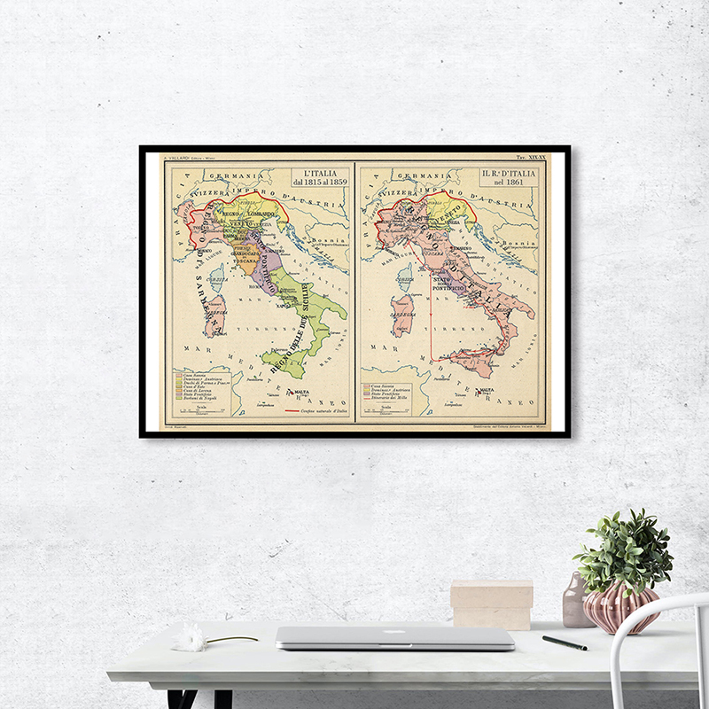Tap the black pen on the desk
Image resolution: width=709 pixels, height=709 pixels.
(x=565, y=643)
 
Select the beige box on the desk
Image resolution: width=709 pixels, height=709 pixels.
(x=491, y=604)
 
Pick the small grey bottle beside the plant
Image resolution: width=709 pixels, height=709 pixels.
(x=574, y=600)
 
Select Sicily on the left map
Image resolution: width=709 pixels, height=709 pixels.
(x=283, y=359)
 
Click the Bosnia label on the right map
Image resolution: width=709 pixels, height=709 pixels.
(x=526, y=241)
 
